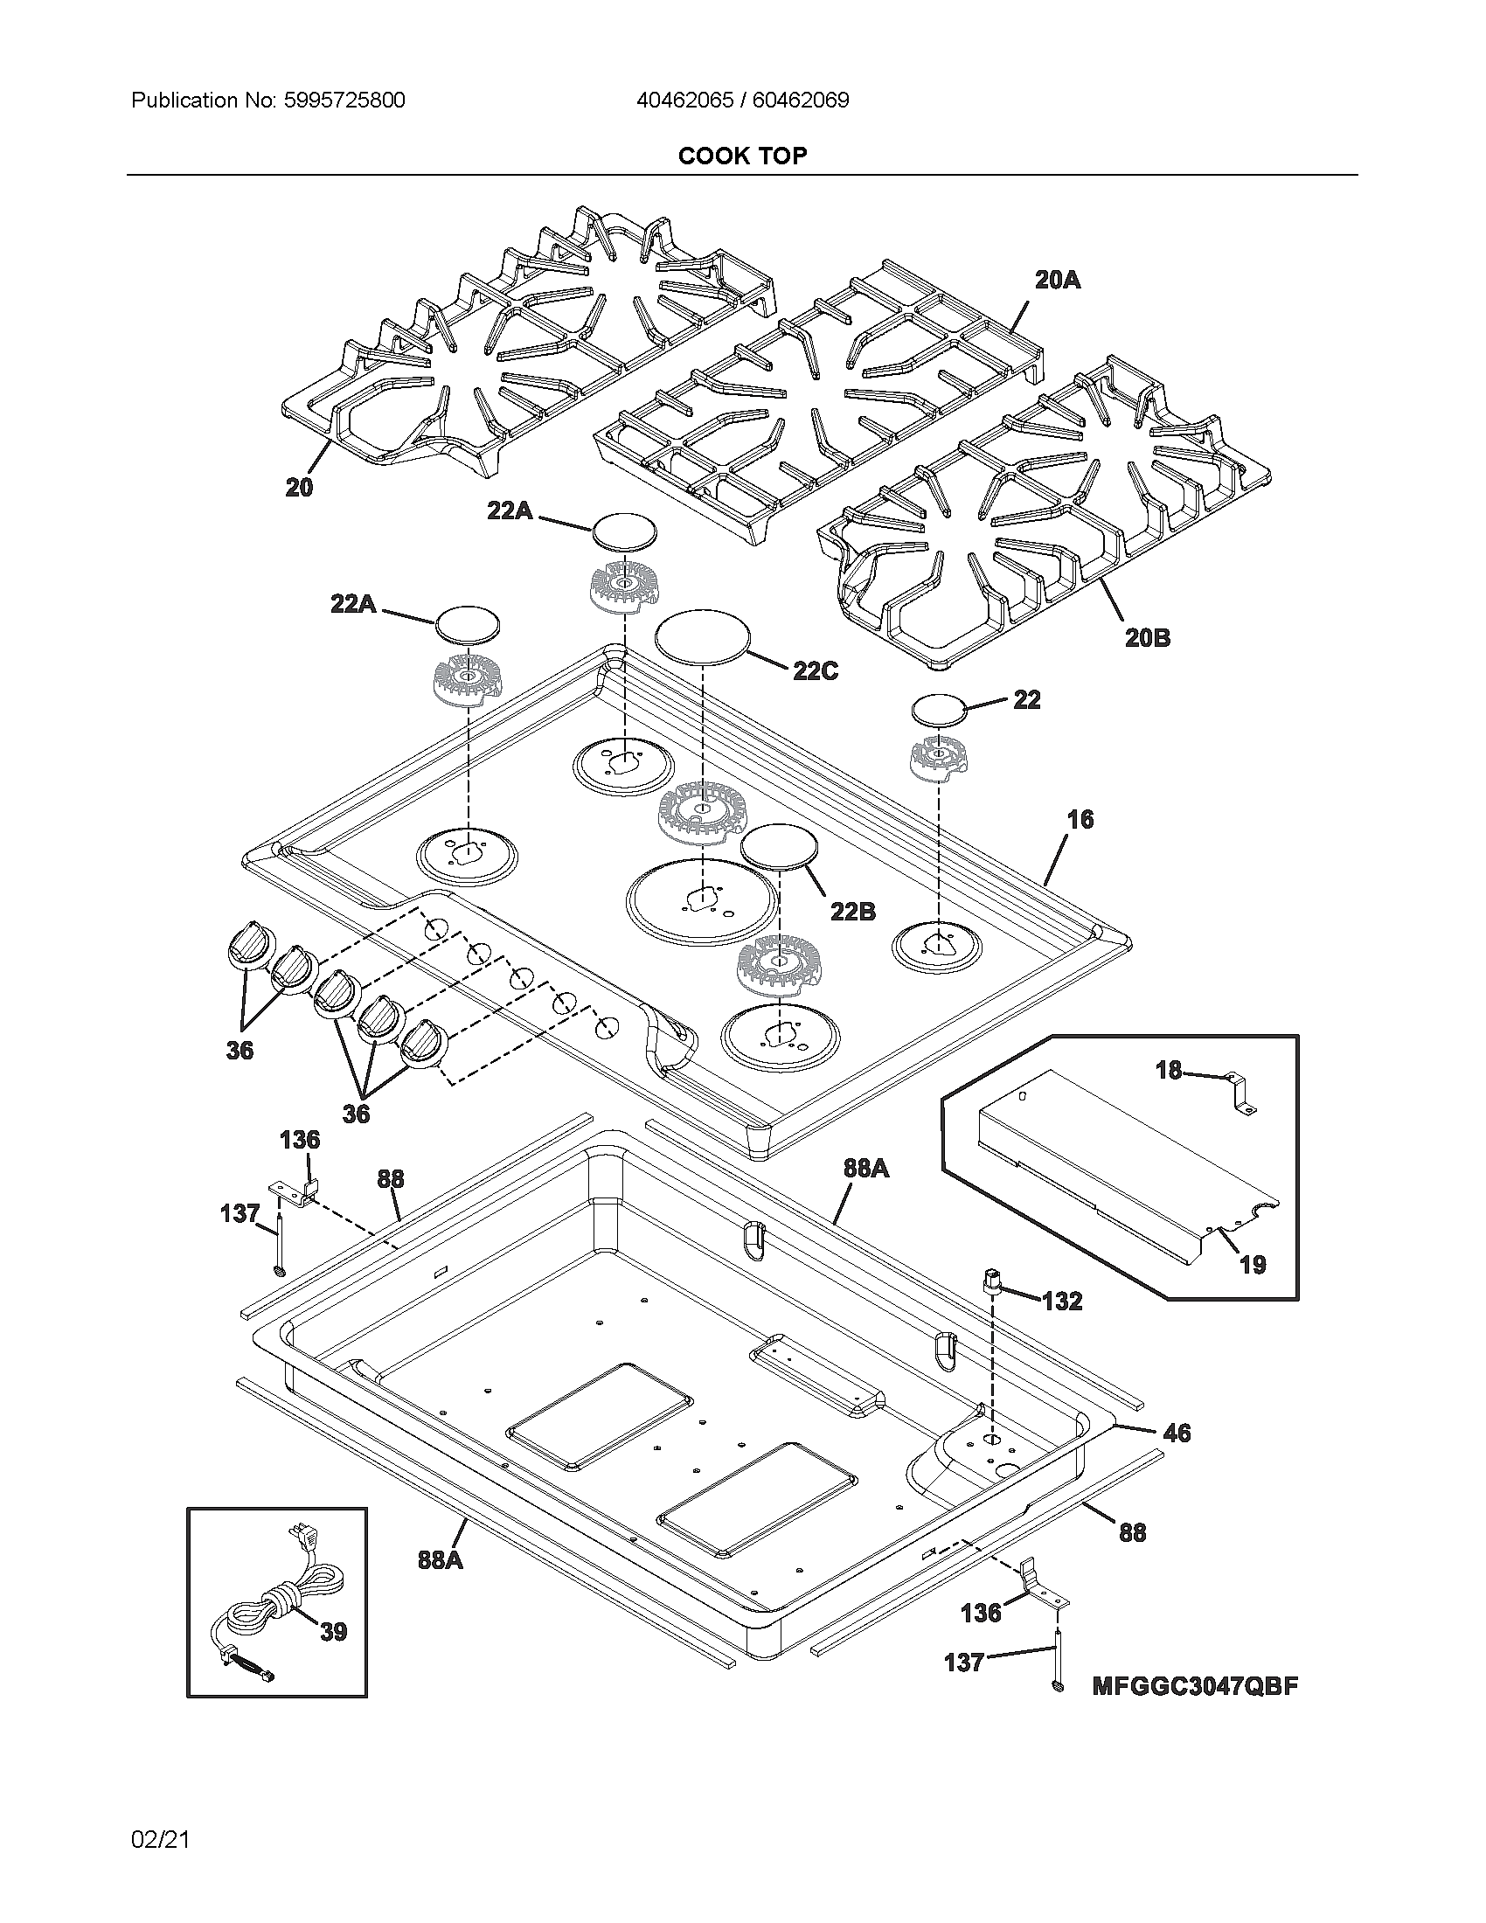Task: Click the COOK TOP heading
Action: click(x=742, y=156)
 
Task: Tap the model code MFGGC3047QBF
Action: click(x=1195, y=1686)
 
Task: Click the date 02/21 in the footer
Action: click(x=160, y=1839)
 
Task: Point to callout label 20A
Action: click(x=1057, y=280)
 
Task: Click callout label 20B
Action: click(x=1147, y=637)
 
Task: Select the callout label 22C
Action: click(x=816, y=671)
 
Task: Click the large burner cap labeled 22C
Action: click(x=702, y=635)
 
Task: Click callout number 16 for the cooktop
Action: click(x=1080, y=819)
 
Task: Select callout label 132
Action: click(x=1062, y=1301)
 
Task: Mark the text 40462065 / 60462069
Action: click(x=742, y=101)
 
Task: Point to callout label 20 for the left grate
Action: click(x=299, y=487)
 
